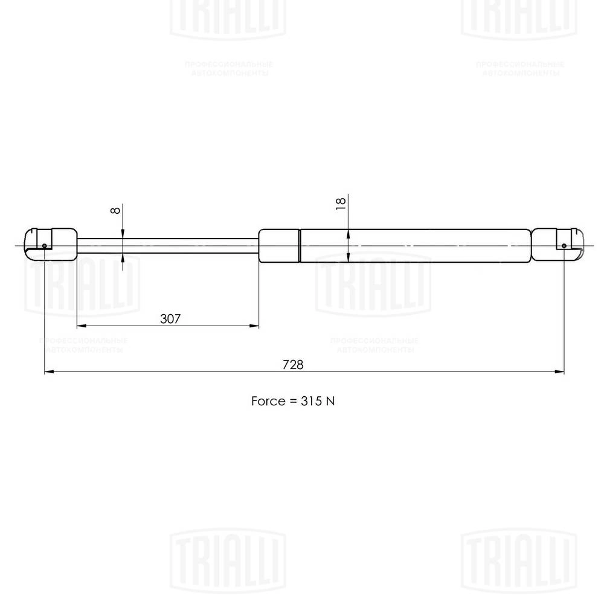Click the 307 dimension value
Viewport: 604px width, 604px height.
[170, 319]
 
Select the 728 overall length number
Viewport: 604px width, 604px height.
[292, 365]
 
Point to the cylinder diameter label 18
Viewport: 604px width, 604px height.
[339, 203]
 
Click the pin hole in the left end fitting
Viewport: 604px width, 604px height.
[45, 246]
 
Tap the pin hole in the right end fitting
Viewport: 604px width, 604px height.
[564, 246]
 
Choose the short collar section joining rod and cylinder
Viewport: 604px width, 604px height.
[279, 246]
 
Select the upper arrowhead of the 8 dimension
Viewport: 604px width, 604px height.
[123, 234]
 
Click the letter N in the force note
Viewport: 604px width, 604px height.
[330, 401]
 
